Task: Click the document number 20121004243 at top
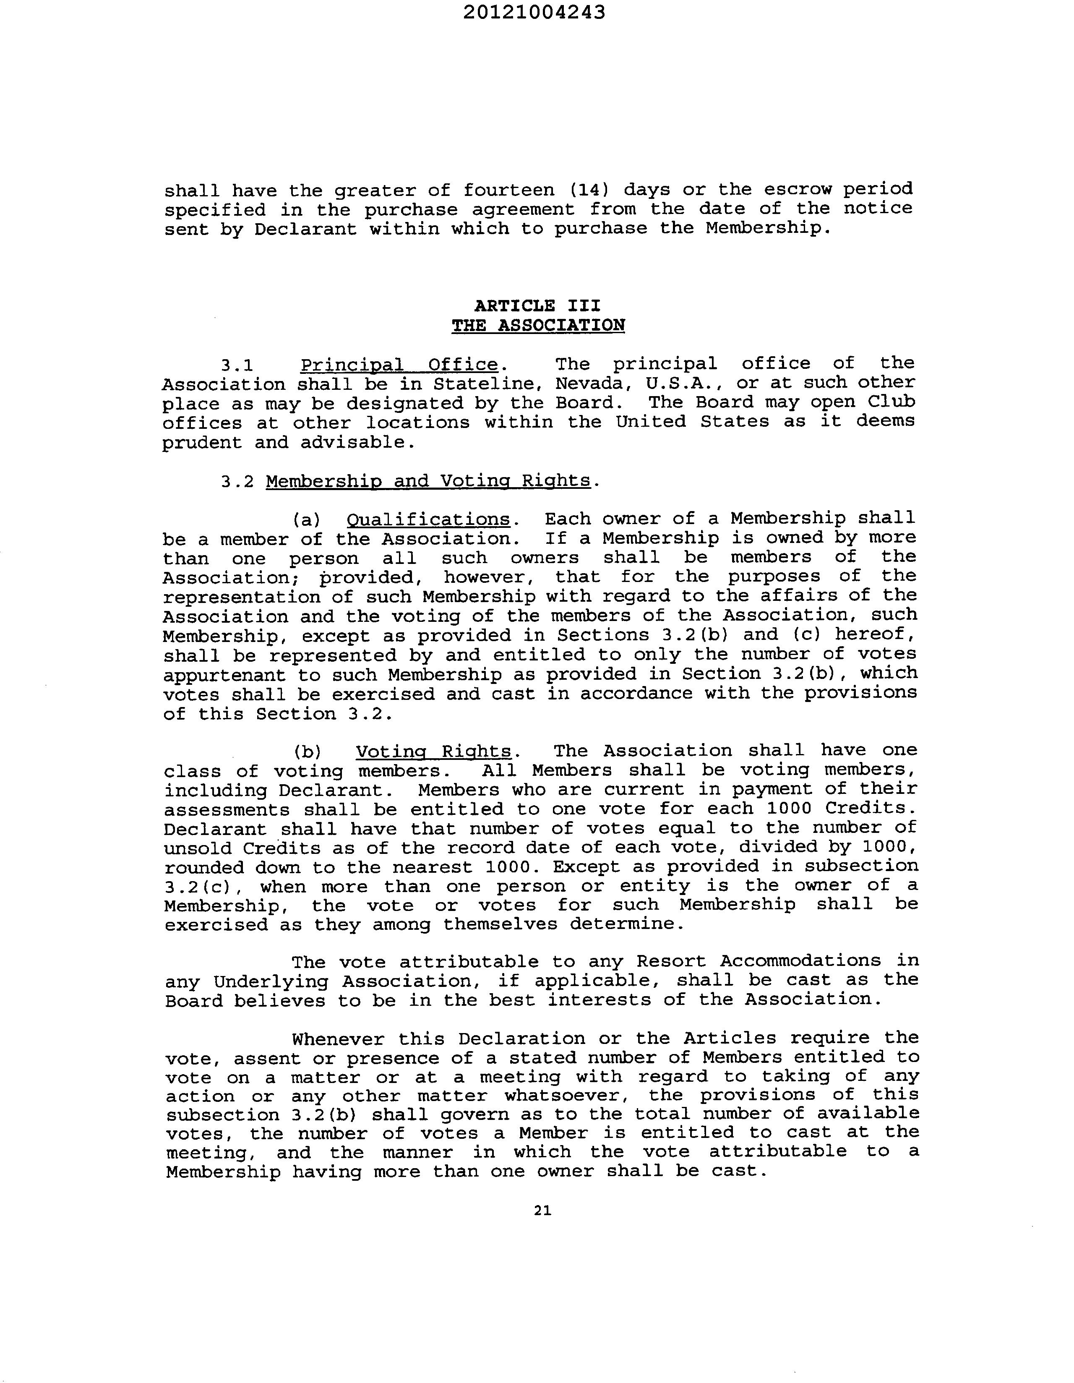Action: (534, 13)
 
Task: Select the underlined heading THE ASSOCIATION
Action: (538, 326)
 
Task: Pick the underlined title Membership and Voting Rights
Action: (428, 481)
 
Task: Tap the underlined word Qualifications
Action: (428, 519)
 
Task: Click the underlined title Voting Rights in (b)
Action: (433, 751)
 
